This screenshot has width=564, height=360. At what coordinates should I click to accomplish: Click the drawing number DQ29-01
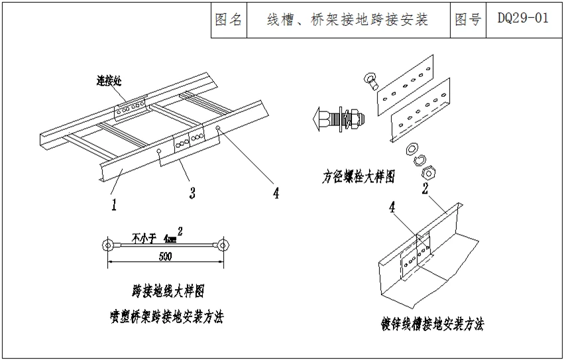(523, 19)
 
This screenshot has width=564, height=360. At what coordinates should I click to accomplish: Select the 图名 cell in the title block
(229, 19)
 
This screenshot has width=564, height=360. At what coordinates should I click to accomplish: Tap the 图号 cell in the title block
(468, 19)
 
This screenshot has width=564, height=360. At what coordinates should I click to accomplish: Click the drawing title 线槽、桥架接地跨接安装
(347, 19)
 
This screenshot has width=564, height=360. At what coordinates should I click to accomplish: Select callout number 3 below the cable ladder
(192, 194)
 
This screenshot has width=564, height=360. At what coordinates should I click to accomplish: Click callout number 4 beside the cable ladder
(276, 193)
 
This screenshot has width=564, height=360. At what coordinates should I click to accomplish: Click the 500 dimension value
(166, 256)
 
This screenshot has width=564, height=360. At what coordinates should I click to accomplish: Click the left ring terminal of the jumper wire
(107, 246)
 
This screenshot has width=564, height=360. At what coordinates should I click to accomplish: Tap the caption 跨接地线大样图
(167, 290)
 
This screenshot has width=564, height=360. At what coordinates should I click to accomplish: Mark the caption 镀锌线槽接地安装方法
(432, 324)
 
